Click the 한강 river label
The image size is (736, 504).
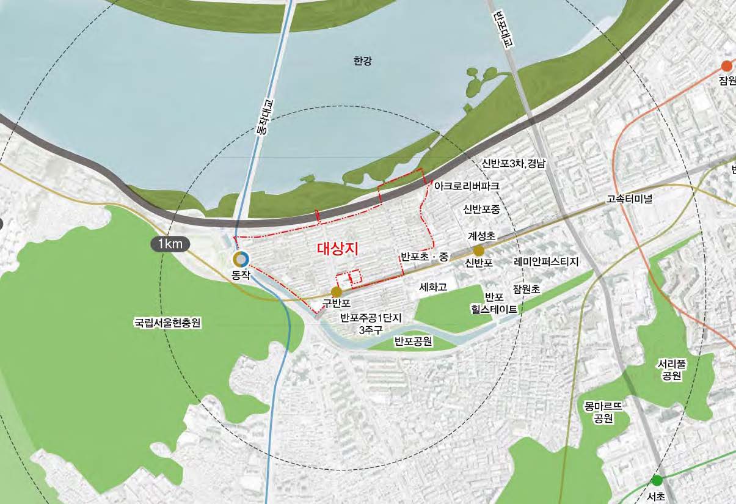click(x=362, y=61)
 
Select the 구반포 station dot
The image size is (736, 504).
click(x=336, y=292)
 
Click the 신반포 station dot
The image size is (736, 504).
click(x=478, y=250)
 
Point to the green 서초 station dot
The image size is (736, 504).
click(x=657, y=480)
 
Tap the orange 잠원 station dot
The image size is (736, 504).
click(x=726, y=66)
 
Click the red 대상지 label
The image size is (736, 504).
click(x=337, y=249)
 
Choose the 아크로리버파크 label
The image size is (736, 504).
click(x=467, y=184)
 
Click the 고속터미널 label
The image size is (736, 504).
click(x=630, y=199)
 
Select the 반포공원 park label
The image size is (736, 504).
click(x=414, y=341)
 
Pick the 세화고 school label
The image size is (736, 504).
click(x=433, y=286)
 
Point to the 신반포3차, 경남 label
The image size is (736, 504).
click(x=513, y=164)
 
